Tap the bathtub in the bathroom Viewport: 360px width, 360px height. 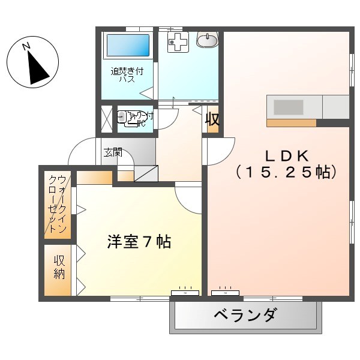pyautogui.click(x=127, y=46)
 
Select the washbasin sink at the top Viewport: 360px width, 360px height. pyautogui.click(x=208, y=40)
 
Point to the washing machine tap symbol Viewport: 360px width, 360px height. pyautogui.click(x=178, y=41)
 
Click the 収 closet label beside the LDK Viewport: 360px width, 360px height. pyautogui.click(x=212, y=119)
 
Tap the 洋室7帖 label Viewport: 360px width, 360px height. pyautogui.click(x=139, y=242)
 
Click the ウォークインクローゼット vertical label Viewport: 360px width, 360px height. pyautogui.click(x=58, y=204)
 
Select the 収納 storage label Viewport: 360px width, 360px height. pyautogui.click(x=59, y=268)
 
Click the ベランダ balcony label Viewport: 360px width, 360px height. pyautogui.click(x=245, y=315)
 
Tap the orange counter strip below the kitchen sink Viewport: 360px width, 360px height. pyautogui.click(x=291, y=123)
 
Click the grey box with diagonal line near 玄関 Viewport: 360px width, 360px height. pyautogui.click(x=145, y=173)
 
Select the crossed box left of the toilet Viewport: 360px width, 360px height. pyautogui.click(x=106, y=118)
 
